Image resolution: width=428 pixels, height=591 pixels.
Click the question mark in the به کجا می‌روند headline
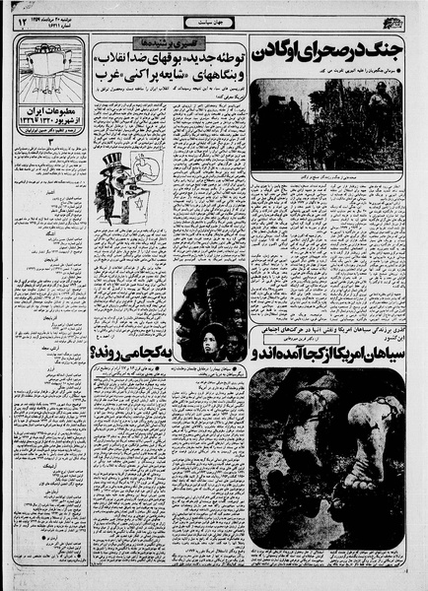[x=98, y=352]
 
